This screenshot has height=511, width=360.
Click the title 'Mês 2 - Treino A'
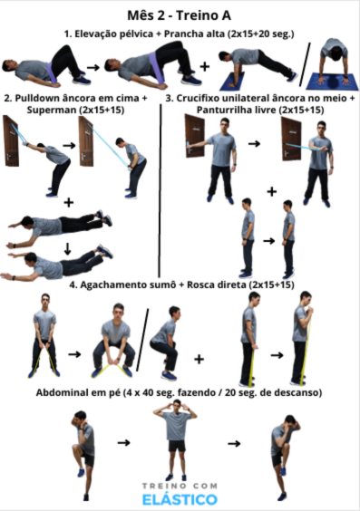[179, 15]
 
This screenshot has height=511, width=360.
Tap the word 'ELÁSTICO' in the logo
[180, 499]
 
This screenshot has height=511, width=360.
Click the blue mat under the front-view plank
[333, 82]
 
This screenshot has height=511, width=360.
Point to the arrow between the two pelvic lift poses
[93, 67]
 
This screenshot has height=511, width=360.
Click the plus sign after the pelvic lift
[205, 66]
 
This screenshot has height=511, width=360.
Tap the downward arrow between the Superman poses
[67, 249]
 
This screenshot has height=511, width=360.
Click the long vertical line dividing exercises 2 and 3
[161, 190]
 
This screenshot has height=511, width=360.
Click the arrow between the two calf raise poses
[268, 241]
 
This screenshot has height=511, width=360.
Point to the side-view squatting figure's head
[174, 313]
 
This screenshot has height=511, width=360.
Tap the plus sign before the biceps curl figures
[199, 359]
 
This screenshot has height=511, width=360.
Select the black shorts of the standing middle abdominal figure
[177, 446]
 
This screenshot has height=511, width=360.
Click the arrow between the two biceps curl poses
[277, 355]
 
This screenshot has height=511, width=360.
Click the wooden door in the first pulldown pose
[11, 140]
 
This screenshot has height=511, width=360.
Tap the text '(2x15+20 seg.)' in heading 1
[261, 34]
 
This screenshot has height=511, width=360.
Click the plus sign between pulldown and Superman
[69, 203]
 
